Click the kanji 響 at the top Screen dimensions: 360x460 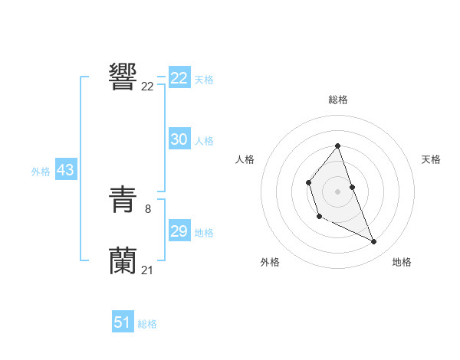(123, 77)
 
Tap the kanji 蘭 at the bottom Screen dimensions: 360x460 (123, 260)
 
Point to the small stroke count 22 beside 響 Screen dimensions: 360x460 (147, 87)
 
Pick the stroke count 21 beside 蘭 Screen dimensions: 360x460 (147, 269)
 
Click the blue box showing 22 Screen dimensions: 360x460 (179, 78)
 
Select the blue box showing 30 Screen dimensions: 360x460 (179, 139)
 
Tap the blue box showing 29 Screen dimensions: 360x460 (179, 231)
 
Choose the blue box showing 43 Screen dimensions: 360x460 (65, 171)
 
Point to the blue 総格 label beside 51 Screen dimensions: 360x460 (147, 324)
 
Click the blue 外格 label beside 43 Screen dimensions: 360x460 (41, 172)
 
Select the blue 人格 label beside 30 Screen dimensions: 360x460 (204, 141)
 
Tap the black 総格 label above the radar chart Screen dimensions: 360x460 (338, 100)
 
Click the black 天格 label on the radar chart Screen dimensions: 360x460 (431, 159)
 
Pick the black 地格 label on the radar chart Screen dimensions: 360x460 (402, 262)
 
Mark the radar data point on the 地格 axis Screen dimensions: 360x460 (374, 242)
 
